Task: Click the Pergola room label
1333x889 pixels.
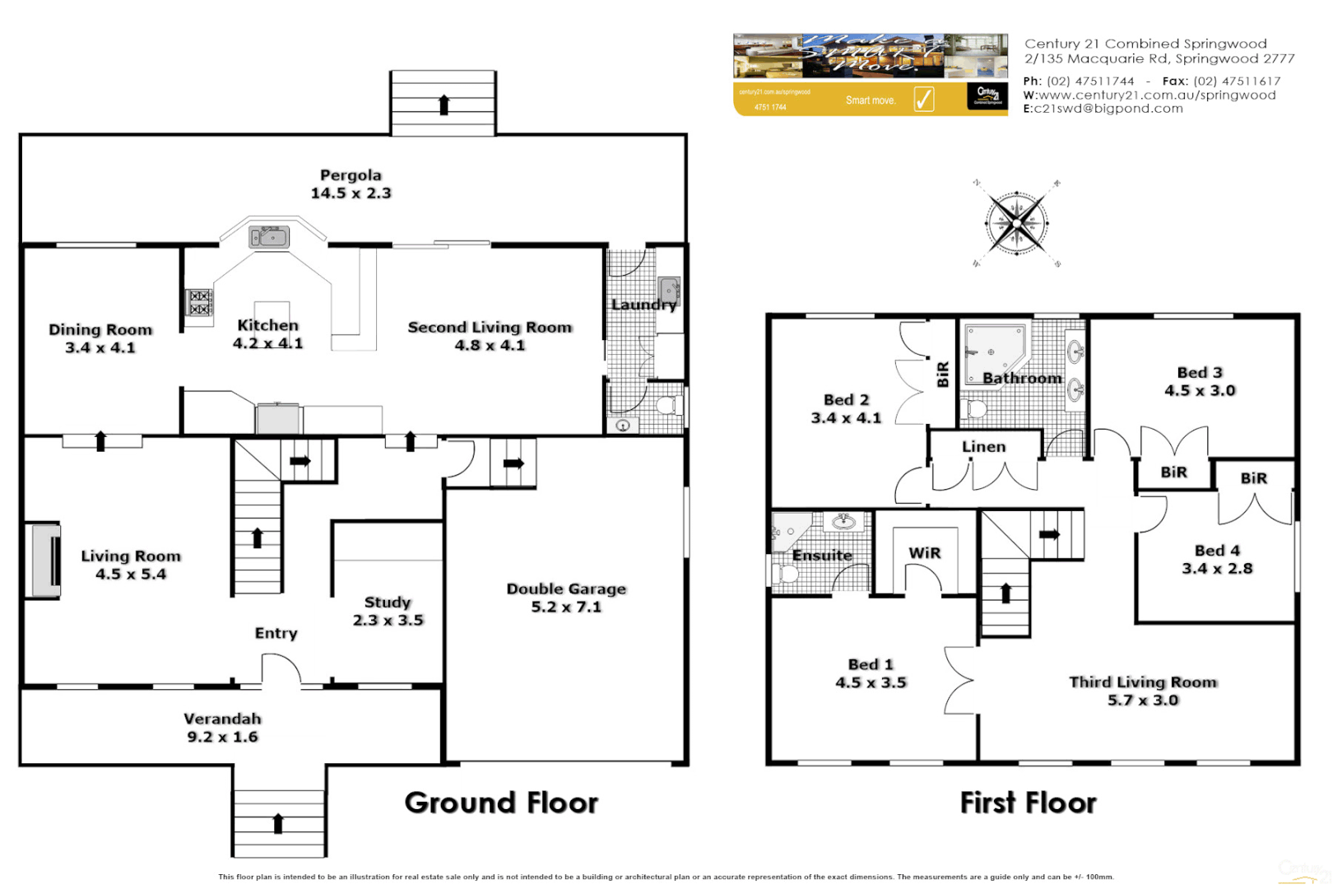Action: [351, 175]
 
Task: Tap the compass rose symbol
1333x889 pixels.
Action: [1017, 223]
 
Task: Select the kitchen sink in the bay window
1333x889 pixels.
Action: [269, 238]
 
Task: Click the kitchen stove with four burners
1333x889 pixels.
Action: [200, 302]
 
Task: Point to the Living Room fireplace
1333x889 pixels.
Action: [45, 560]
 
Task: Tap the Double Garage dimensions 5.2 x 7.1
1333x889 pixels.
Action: [566, 607]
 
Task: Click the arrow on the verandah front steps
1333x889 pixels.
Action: [278, 822]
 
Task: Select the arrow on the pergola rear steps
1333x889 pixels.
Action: [444, 105]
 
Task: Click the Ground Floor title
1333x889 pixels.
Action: [501, 803]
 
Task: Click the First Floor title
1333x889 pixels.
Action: [1028, 803]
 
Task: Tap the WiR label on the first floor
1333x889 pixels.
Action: [924, 553]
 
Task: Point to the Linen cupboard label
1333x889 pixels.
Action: [983, 447]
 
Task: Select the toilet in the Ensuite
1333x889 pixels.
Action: [787, 573]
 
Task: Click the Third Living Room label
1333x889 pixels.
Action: [1142, 682]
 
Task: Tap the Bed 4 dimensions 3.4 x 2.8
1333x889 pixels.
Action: [1217, 569]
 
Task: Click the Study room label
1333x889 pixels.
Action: [388, 603]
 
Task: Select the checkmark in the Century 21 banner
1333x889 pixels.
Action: [924, 100]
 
